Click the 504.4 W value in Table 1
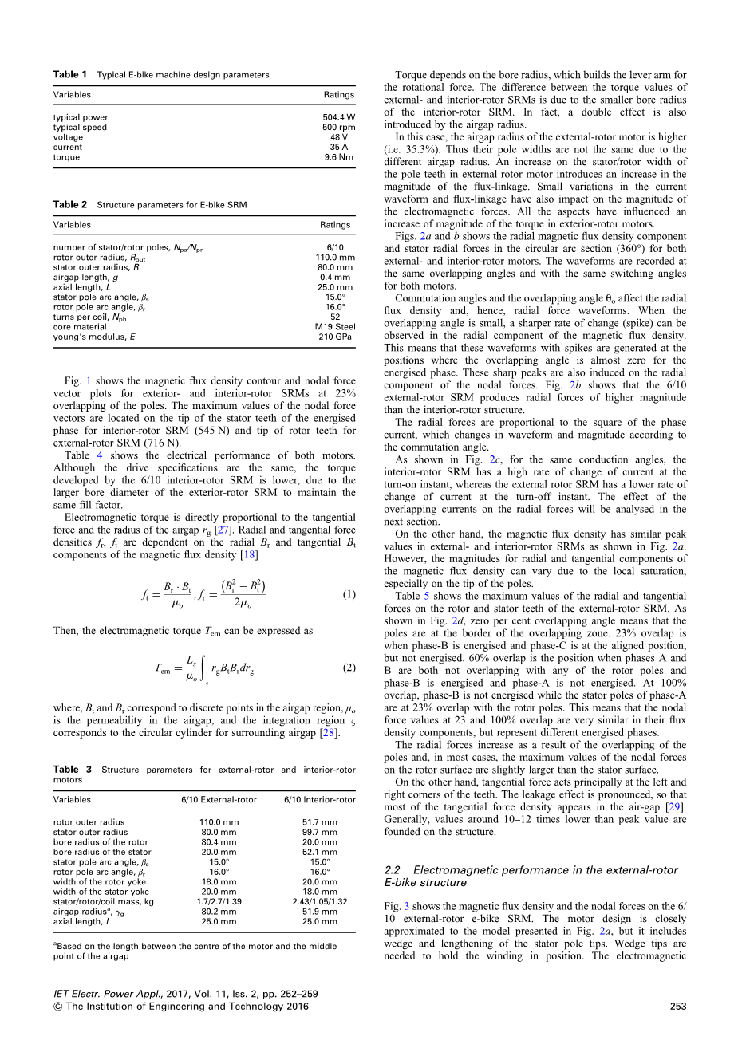[338, 117]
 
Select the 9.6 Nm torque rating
[338, 157]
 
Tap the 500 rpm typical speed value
[338, 127]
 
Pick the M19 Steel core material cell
[335, 327]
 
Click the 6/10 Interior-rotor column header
[320, 800]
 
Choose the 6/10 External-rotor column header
[219, 800]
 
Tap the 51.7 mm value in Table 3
[320, 822]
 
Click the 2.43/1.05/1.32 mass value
[320, 901]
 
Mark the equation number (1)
[349, 594]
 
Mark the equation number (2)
[349, 668]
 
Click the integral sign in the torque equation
[206, 668]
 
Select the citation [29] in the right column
[678, 807]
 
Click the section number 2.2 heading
[394, 870]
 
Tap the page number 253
[678, 1007]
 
